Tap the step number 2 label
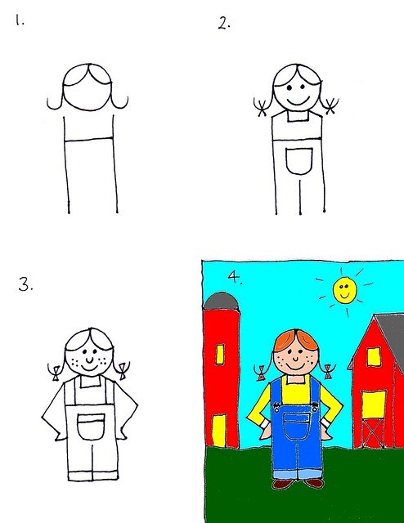coord(224,23)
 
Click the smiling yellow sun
coord(344,288)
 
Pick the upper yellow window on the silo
coord(219,354)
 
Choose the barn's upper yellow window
coord(373,356)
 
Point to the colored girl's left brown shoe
coord(282,484)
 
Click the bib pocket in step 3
coord(91,427)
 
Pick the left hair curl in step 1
coord(54,103)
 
